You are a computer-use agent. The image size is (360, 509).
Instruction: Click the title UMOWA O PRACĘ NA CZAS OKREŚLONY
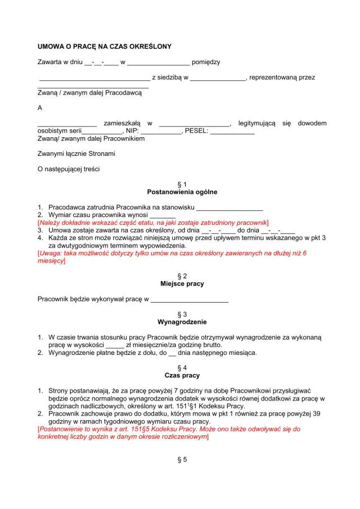click(104, 46)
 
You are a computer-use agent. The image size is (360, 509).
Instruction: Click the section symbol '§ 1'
click(182, 184)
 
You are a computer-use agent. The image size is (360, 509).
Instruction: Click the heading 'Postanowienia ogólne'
click(182, 192)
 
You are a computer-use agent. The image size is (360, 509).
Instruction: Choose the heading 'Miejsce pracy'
click(182, 284)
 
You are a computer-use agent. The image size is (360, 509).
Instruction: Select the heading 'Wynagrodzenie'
click(182, 322)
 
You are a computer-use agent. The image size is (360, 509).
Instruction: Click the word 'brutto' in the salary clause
click(211, 345)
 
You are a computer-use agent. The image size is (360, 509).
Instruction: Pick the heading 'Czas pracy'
click(182, 375)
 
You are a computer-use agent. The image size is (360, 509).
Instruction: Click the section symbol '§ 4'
click(182, 367)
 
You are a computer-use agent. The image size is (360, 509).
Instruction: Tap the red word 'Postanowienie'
click(61, 429)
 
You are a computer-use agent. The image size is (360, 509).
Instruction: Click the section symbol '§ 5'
click(182, 459)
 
